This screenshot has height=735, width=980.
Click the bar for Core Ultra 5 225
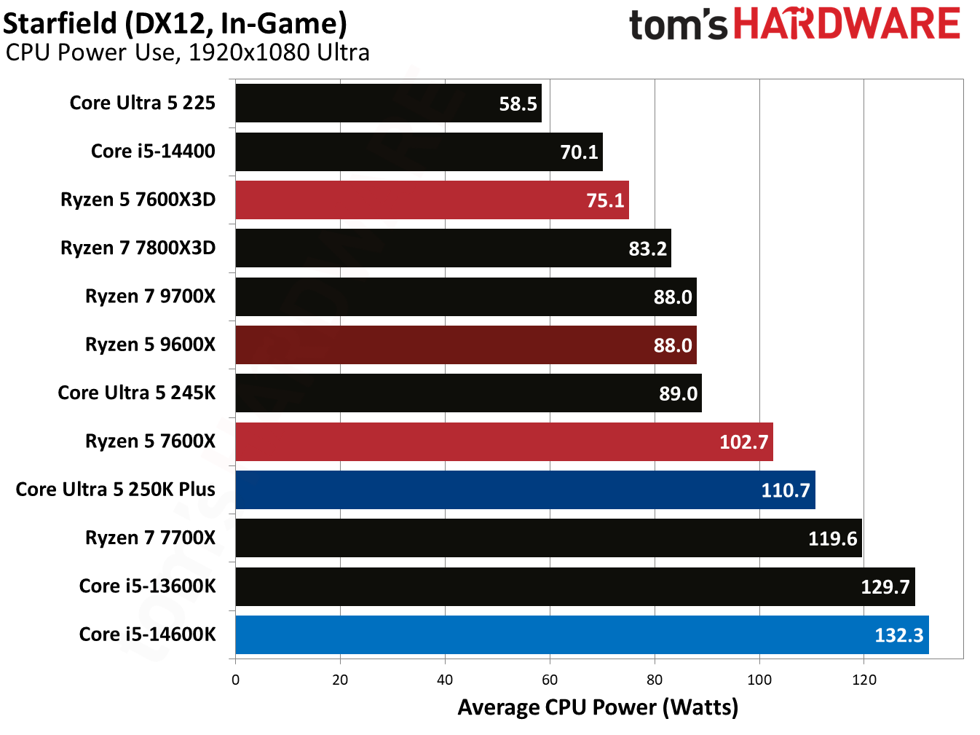tap(388, 103)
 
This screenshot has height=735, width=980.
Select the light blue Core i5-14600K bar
tap(582, 634)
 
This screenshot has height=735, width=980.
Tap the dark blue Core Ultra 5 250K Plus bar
tap(525, 490)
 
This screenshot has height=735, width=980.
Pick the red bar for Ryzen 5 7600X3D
tap(432, 200)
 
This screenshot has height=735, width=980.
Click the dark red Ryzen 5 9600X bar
tap(466, 345)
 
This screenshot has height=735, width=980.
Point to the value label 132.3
tap(898, 635)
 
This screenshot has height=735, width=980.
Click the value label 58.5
tap(518, 104)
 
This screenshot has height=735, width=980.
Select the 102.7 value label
tap(743, 442)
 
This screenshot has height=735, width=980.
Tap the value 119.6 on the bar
tap(832, 539)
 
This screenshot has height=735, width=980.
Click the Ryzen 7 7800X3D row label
tap(138, 248)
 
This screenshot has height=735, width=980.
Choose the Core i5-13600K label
tap(147, 586)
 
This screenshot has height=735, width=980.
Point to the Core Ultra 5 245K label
tap(137, 393)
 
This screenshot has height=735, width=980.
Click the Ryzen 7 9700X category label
tap(150, 296)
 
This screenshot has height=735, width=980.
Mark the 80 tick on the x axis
tap(655, 680)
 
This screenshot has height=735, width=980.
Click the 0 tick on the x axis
tap(235, 680)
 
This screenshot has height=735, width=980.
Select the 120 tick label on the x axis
tap(864, 680)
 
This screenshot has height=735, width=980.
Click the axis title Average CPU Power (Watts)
tap(598, 707)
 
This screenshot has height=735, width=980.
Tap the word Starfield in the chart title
tap(60, 23)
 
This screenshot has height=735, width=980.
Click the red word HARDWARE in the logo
tap(847, 24)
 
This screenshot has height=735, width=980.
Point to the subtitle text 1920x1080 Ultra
tap(279, 52)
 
